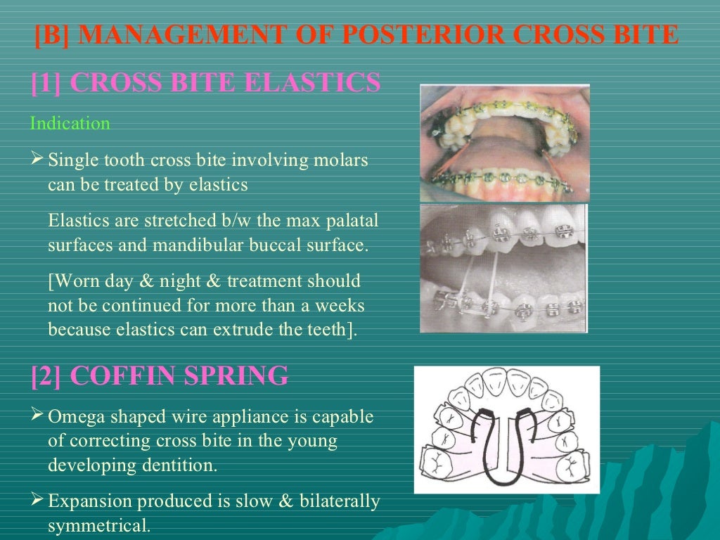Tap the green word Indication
pos(70,124)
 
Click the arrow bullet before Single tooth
pos(38,160)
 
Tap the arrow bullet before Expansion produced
pos(38,501)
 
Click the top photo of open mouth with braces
pos(504,143)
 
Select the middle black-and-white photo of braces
pos(503,268)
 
